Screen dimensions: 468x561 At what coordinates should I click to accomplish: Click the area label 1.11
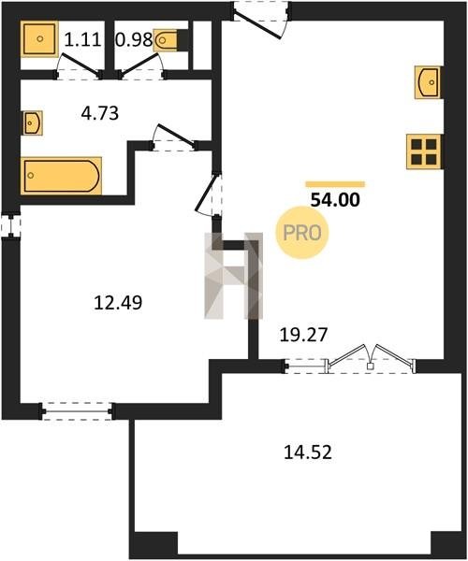(82, 39)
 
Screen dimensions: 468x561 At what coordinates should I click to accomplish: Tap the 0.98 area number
(134, 39)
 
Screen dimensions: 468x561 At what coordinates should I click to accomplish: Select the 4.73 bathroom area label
(100, 113)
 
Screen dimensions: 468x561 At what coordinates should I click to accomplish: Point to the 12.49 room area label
(118, 302)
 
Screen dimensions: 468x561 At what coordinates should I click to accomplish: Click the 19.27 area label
(303, 335)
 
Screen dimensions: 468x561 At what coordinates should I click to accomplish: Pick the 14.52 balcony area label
(308, 453)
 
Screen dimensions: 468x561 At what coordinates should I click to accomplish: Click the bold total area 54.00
(335, 200)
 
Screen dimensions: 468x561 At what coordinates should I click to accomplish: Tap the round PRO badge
(302, 233)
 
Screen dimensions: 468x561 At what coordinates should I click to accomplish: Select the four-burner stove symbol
(424, 151)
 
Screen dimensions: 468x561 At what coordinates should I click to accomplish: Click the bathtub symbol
(61, 176)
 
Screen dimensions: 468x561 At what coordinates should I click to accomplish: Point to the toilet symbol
(166, 40)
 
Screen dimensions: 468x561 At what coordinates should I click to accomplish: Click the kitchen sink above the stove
(428, 82)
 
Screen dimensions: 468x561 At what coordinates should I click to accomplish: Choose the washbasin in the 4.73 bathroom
(33, 123)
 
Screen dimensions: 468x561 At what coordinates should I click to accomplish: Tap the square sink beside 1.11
(39, 38)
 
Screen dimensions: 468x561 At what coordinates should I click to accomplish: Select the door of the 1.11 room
(78, 66)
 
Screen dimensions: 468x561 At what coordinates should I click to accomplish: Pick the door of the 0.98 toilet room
(141, 66)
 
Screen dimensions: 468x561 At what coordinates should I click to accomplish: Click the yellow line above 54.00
(335, 184)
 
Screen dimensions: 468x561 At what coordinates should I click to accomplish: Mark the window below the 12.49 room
(77, 411)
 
